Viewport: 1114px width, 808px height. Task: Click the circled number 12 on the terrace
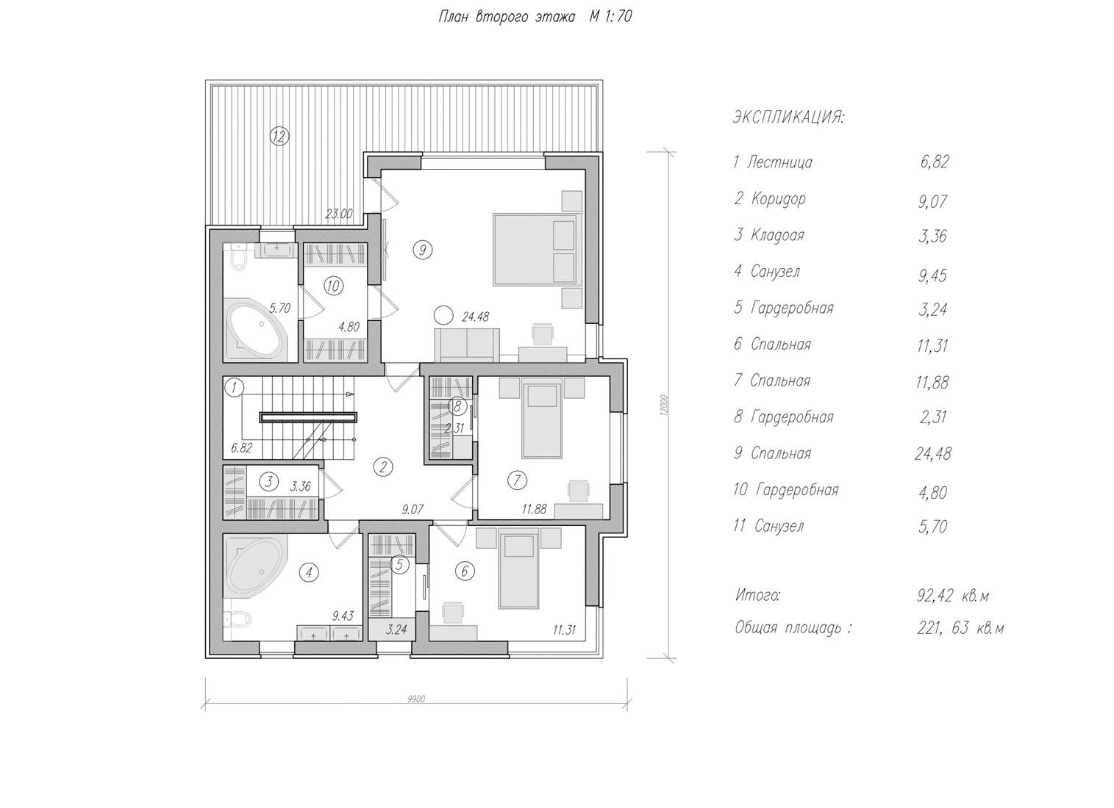pos(279,136)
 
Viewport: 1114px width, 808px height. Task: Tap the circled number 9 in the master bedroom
pos(422,250)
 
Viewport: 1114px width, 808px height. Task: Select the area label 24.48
pos(475,317)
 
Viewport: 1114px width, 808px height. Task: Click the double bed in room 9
pos(535,250)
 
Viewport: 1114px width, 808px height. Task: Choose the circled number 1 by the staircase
pos(234,387)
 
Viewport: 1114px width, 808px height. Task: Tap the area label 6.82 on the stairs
pos(241,448)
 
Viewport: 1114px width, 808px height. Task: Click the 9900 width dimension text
pos(416,699)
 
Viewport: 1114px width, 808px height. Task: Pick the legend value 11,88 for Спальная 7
pos(932,382)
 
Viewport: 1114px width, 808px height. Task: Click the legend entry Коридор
pos(778,198)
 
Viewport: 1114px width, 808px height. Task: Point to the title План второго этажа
pos(507,17)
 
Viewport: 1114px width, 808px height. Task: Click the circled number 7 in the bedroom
pos(517,480)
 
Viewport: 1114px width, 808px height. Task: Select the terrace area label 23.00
pos(339,214)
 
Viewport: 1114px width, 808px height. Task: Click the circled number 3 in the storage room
pos(269,482)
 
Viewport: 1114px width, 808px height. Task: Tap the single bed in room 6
pos(518,571)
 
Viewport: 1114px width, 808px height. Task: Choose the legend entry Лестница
pos(779,162)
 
